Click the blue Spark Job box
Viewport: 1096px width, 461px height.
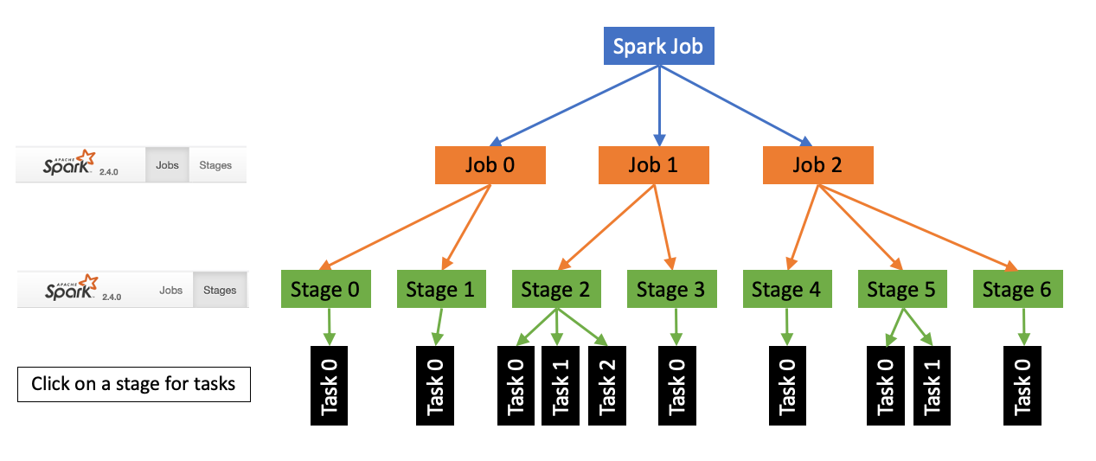point(658,47)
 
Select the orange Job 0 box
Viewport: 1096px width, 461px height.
point(490,165)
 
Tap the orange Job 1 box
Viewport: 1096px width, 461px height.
point(654,165)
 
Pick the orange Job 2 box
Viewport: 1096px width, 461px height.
point(817,165)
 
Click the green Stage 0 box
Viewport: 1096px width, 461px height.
point(326,289)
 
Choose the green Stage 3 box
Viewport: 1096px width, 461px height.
point(671,289)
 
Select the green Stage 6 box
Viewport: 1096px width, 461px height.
point(1017,289)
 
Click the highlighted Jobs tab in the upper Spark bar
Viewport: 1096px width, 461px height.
point(167,164)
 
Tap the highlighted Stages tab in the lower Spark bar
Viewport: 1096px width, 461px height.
point(220,290)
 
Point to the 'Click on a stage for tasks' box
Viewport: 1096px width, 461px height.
point(133,384)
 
